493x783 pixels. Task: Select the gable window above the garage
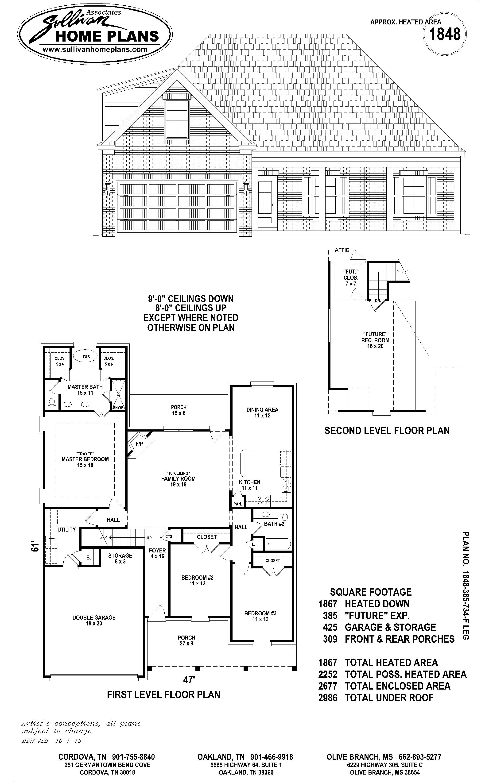click(x=177, y=119)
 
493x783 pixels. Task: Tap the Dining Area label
click(x=262, y=413)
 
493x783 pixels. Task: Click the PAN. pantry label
click(x=237, y=504)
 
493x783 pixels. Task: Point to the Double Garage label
click(x=94, y=621)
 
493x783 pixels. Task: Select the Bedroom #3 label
click(x=260, y=616)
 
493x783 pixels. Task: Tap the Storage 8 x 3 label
click(x=120, y=558)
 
